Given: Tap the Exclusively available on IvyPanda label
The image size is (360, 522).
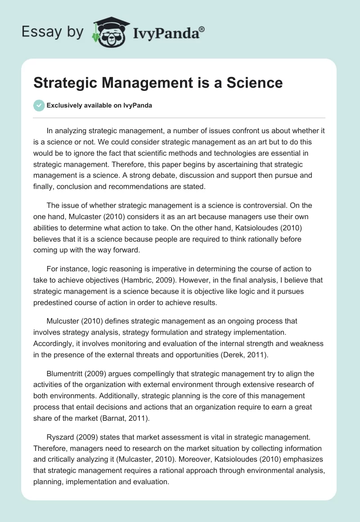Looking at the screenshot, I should [99, 105].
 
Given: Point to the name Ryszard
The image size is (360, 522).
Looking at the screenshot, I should [62, 438].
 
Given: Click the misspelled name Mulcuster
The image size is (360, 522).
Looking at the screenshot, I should [64, 321].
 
